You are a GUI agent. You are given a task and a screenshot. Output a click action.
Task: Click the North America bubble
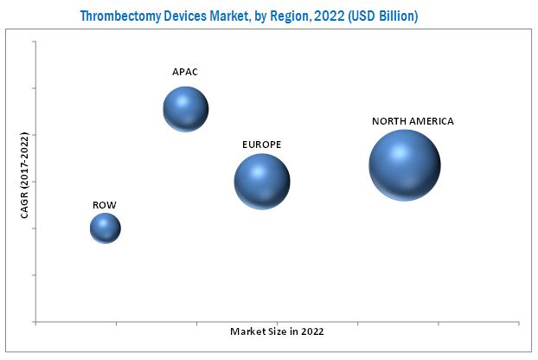405,164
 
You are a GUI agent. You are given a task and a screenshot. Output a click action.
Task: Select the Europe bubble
262,182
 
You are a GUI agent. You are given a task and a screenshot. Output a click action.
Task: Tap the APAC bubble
186,109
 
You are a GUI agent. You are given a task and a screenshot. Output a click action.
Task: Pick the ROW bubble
106,228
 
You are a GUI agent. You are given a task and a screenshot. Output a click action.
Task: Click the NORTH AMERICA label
413,121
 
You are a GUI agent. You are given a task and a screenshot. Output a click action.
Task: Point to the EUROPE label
262,144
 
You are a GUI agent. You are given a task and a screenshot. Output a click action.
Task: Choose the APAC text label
185,72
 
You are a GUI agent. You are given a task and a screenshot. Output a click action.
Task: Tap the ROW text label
105,205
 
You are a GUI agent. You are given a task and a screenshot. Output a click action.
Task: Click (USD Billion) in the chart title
384,16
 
